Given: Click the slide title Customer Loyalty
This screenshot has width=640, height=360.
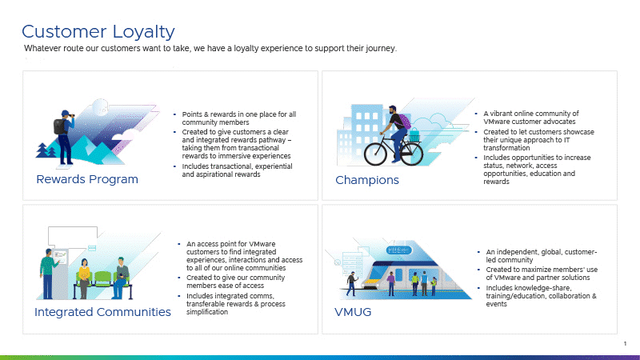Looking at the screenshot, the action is pos(98,32).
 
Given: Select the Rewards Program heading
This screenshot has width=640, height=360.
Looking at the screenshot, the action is pos(87,179).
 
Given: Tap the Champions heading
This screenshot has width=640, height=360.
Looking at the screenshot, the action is pos(367,180).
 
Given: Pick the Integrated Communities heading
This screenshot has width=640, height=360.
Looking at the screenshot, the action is pos(102,312).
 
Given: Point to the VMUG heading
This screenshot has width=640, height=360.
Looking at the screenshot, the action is pos(353,312).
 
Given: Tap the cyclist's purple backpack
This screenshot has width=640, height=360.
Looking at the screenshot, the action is pos(405,122).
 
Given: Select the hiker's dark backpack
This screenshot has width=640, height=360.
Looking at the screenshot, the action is pos(60,127).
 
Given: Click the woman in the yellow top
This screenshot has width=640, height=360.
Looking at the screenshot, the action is pos(84,278).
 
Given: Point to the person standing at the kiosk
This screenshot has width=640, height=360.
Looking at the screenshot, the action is pos(48,274).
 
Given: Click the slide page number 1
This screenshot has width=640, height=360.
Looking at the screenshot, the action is pos(625,344).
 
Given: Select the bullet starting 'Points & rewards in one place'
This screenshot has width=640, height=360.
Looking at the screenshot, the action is pos(238,118).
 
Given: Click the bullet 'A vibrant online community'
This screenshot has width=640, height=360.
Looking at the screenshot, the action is pos(531,118).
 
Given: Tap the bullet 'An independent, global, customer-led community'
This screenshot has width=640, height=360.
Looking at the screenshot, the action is pos(542,256).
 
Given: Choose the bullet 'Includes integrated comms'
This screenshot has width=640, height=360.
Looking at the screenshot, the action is pos(236,304).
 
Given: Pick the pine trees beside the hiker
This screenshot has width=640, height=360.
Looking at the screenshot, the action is pos(46,150).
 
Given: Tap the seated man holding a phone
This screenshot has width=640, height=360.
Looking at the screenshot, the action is pos(121,277).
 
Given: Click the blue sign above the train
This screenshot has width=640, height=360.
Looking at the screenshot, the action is pos(398,250).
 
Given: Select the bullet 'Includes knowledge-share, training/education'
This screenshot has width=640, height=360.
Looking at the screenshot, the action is pos(541,296).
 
